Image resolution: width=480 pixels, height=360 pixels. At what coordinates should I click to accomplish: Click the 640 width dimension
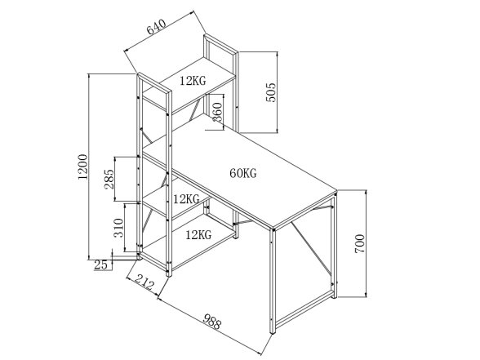coord(157,26)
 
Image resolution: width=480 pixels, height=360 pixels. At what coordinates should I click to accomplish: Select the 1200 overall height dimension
coord(83,167)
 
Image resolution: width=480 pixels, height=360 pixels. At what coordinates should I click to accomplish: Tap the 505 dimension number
coord(271,92)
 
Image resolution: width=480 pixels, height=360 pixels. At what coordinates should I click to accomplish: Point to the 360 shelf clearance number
coord(217,112)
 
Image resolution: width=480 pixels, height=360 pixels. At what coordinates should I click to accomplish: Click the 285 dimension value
coord(109,179)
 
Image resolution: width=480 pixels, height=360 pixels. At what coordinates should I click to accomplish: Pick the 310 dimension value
coord(118,228)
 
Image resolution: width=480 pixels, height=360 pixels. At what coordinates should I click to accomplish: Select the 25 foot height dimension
coord(100,265)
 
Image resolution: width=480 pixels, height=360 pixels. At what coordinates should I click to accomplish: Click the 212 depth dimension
coord(144,282)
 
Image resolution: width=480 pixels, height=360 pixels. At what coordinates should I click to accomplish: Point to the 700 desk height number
coord(360,243)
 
